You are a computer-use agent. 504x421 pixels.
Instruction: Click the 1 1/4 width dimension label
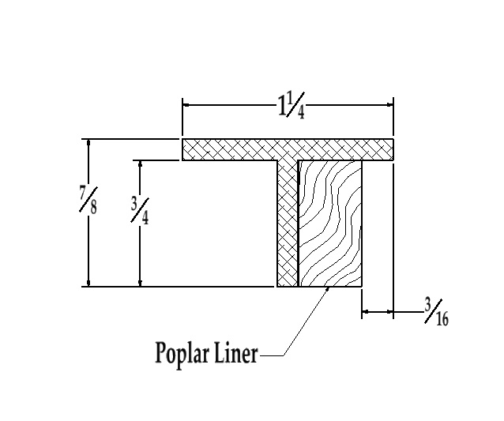[x=290, y=104]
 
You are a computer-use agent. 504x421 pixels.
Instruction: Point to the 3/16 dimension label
[x=434, y=312]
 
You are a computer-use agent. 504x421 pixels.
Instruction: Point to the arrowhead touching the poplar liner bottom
[x=327, y=290]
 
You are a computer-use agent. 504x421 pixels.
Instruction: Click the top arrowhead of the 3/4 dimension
[x=140, y=165]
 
